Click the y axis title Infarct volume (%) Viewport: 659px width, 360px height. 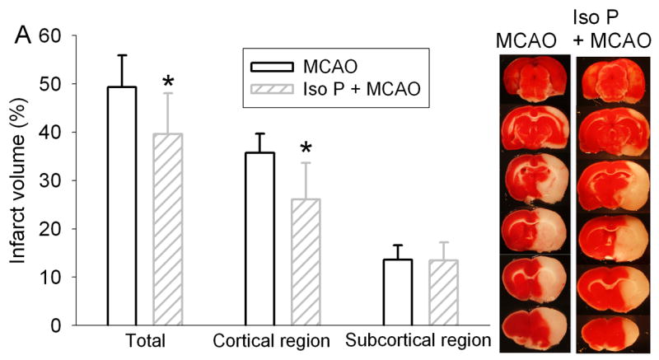tap(18, 181)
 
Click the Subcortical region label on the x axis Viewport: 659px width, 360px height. tap(418, 341)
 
